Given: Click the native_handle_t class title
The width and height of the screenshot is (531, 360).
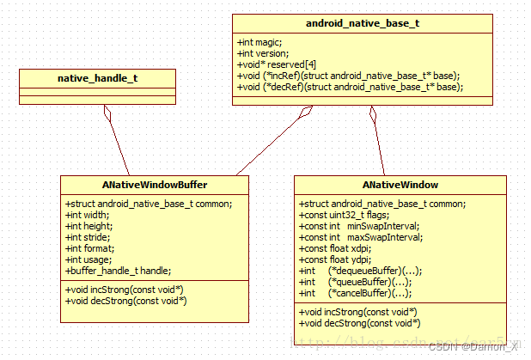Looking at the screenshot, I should coord(97,78).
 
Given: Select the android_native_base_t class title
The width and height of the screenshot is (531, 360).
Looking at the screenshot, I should coord(363,23).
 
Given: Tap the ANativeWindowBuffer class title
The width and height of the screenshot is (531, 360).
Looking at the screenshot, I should coord(155,185).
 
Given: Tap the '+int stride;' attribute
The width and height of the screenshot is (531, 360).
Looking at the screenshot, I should coord(88,237).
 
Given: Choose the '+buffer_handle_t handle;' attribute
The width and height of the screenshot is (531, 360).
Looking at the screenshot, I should coord(118,271).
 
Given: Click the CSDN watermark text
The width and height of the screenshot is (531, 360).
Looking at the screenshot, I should coord(475,346).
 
